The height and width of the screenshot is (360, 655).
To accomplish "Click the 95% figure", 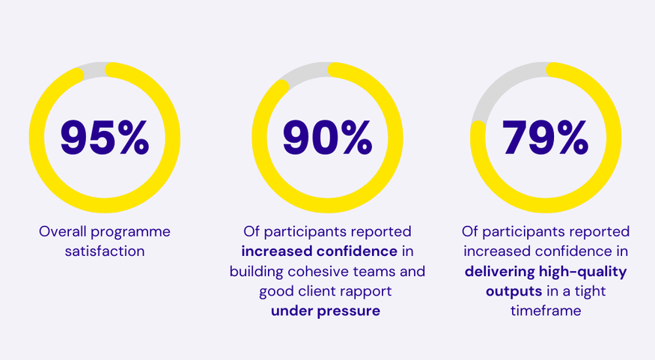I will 105,137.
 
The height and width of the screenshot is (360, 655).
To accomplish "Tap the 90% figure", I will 327,137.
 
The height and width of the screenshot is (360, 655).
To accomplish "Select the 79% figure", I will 546,137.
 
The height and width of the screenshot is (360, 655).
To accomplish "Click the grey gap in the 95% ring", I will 94,70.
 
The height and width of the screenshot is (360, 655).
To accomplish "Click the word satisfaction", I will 105,251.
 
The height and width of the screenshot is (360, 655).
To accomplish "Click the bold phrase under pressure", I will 326,311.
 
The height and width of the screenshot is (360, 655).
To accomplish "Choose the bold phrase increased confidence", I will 319,251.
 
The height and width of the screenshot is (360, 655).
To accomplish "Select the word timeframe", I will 546,311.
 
